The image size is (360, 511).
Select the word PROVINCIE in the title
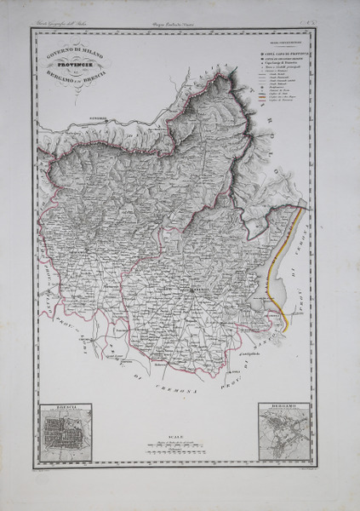(x=76, y=64)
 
